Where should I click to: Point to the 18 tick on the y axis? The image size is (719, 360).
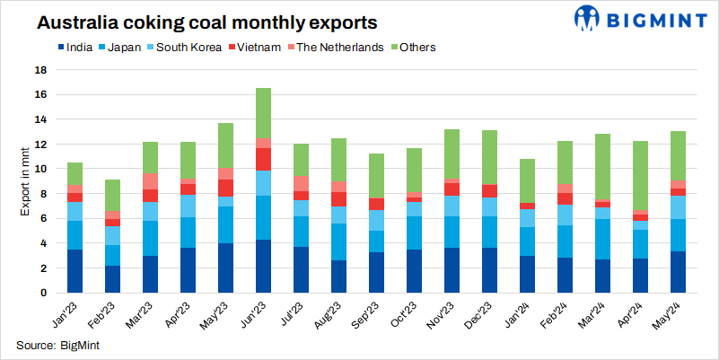click(40, 69)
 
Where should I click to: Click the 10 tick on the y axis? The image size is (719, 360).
click(40, 169)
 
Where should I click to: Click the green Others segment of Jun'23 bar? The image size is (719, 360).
click(264, 112)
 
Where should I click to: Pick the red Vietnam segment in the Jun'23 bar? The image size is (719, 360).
click(264, 159)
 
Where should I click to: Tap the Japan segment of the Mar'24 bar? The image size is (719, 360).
click(601, 240)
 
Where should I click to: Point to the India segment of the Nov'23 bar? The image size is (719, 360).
click(452, 270)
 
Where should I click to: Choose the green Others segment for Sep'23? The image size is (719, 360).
click(376, 176)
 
